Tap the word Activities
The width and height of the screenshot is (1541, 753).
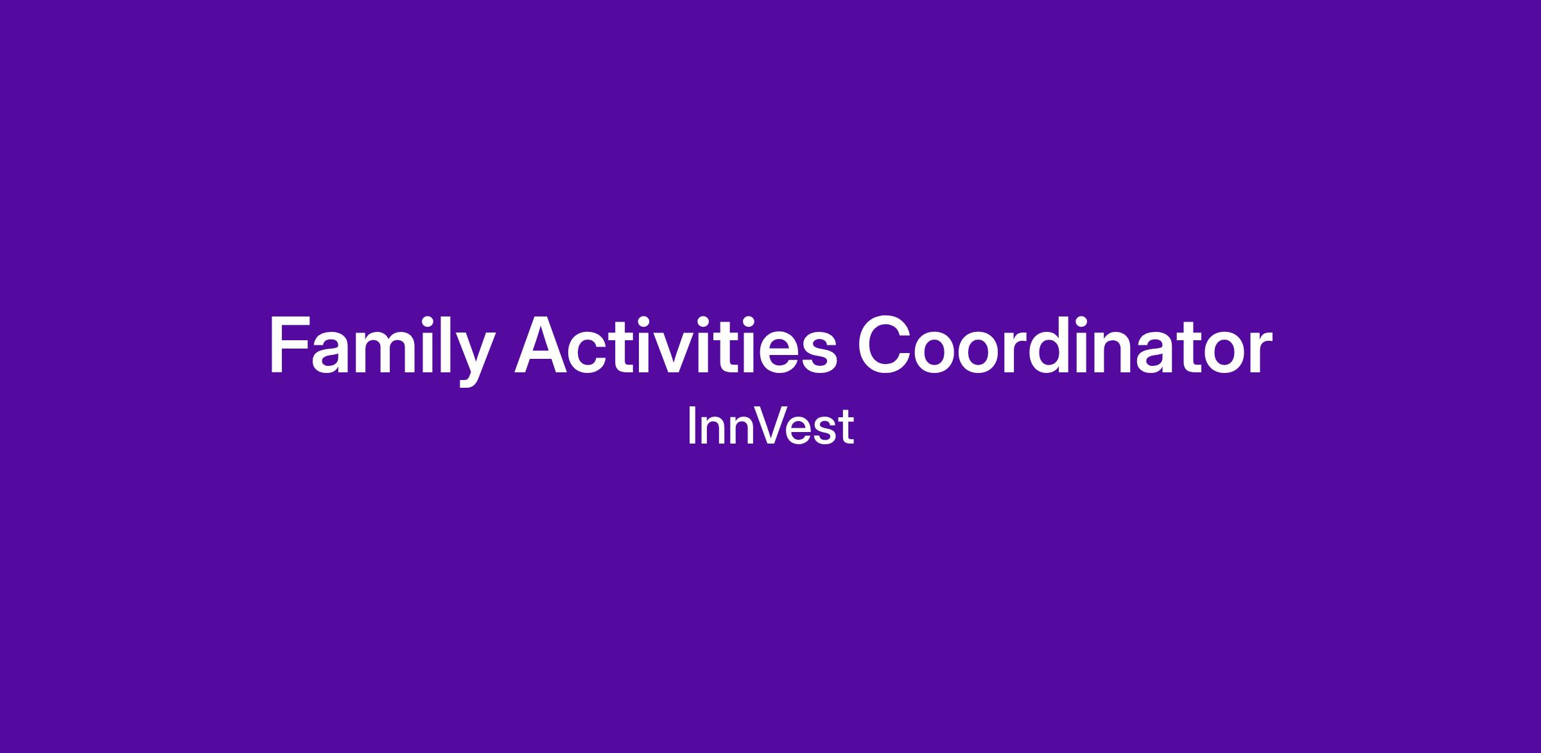(x=676, y=345)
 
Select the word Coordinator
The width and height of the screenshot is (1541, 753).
(x=1065, y=345)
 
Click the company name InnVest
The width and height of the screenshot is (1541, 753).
(x=770, y=425)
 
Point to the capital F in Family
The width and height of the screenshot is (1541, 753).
(x=290, y=345)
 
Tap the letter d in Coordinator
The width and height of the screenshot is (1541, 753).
(x=1059, y=345)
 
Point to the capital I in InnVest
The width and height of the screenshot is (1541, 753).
(x=691, y=425)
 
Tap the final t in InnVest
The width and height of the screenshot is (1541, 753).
(x=848, y=427)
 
